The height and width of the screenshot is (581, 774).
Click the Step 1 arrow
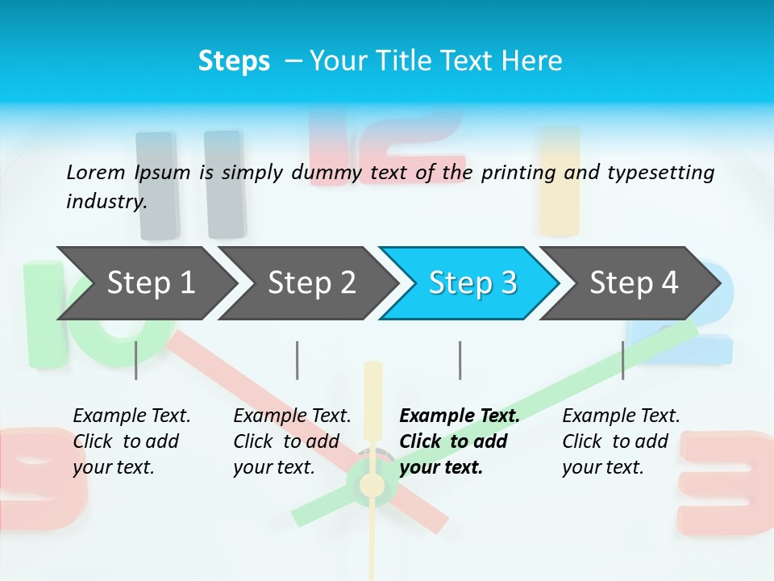pyautogui.click(x=150, y=283)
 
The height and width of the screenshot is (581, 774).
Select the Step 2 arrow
pyautogui.click(x=311, y=283)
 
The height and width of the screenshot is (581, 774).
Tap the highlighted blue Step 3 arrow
pyautogui.click(x=472, y=283)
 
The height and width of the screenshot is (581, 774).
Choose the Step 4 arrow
pyautogui.click(x=634, y=283)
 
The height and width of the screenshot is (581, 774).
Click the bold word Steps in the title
pyautogui.click(x=234, y=61)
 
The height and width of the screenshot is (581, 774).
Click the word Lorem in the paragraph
pyautogui.click(x=95, y=172)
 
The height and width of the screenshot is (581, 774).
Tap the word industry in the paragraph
pyautogui.click(x=106, y=201)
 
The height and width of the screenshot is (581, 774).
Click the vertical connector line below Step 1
pyautogui.click(x=136, y=360)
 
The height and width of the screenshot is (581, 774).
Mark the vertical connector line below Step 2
pyautogui.click(x=298, y=360)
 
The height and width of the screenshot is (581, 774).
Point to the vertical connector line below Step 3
pyautogui.click(x=460, y=360)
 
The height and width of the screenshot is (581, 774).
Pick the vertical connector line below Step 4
pyautogui.click(x=622, y=360)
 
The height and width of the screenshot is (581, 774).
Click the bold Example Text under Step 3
pyautogui.click(x=460, y=416)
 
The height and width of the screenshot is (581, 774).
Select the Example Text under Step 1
pyautogui.click(x=131, y=416)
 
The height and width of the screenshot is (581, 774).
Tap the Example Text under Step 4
pyautogui.click(x=621, y=416)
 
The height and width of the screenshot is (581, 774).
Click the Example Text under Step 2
pyautogui.click(x=292, y=416)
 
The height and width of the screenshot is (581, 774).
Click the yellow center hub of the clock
pyautogui.click(x=372, y=485)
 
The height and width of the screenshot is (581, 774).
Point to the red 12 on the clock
pyautogui.click(x=387, y=145)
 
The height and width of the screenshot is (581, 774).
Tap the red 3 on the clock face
pyautogui.click(x=726, y=484)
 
